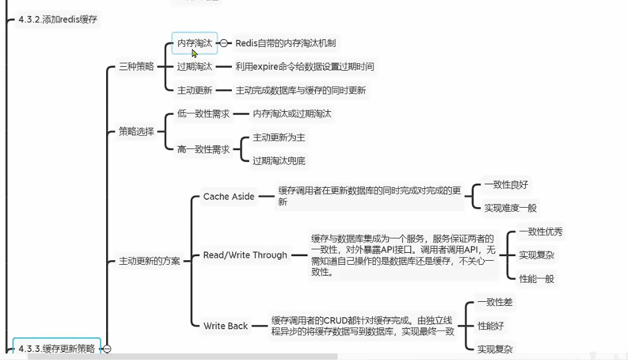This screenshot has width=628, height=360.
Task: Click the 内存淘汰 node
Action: point(194,43)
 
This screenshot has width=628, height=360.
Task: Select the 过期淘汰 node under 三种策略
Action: point(195,67)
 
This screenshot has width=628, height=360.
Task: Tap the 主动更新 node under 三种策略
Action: point(195,90)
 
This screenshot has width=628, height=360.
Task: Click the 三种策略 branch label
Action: point(136,67)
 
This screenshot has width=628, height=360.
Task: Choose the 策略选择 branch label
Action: point(136,131)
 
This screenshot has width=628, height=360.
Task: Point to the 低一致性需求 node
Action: point(203,114)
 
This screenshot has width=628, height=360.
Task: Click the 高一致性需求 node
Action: point(203,149)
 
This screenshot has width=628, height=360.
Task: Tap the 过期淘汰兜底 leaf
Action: point(279,161)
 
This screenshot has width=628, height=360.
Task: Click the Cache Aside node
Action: point(229,196)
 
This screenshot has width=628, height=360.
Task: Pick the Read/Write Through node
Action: point(245,255)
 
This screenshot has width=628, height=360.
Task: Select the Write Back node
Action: point(226,326)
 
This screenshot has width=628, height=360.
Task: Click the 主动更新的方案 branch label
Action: point(150,261)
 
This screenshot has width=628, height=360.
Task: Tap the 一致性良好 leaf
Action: point(506,185)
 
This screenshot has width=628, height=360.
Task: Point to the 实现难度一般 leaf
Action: point(510,208)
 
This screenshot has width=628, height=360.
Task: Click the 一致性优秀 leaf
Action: point(541,232)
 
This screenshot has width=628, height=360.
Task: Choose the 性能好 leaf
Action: point(491,326)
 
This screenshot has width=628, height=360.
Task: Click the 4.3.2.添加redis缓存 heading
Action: point(58,19)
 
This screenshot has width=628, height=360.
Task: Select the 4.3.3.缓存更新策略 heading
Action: point(57,348)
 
